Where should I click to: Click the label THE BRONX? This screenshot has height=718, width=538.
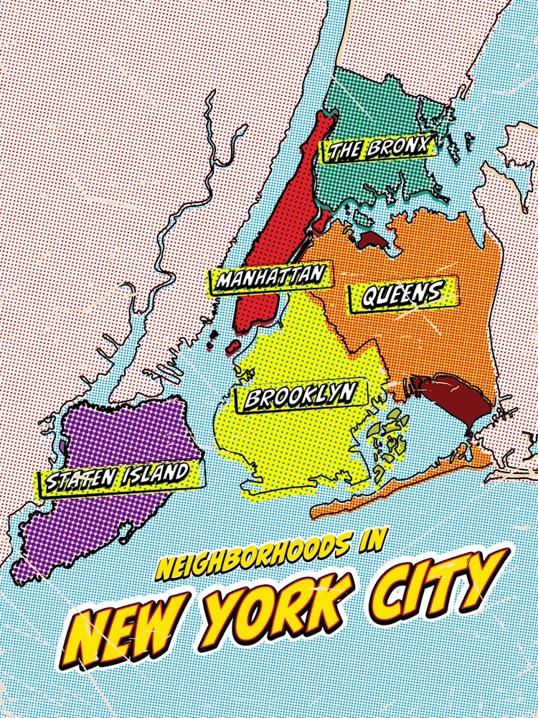click(377, 149)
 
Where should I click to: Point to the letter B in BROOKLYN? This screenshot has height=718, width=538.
click(253, 399)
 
